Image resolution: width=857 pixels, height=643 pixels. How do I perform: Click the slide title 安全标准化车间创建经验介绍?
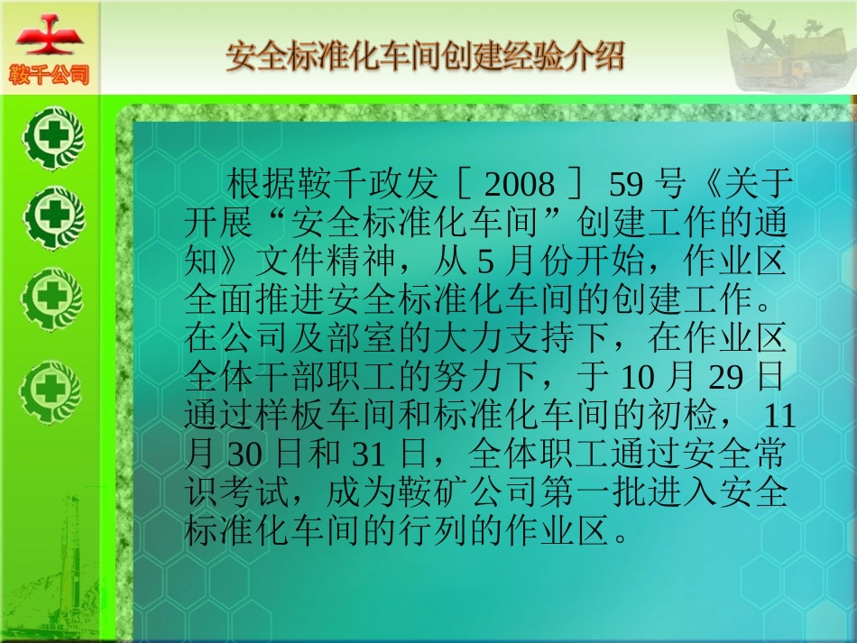(425, 56)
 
